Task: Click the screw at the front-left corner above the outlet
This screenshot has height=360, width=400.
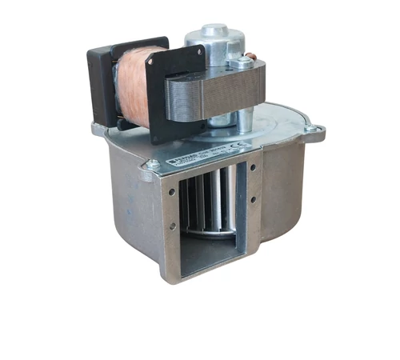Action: (150, 166)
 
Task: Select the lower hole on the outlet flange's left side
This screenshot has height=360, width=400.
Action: (171, 226)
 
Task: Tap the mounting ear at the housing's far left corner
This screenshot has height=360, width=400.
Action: (98, 128)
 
